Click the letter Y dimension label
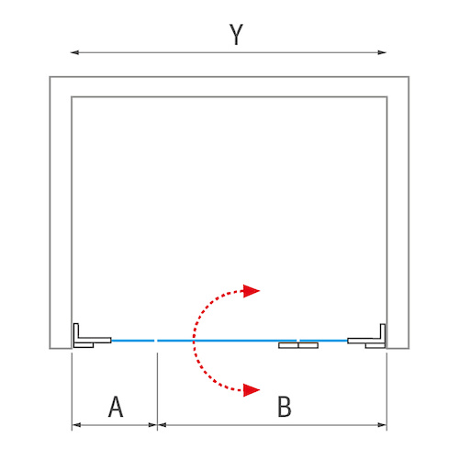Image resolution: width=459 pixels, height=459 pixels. [236, 34]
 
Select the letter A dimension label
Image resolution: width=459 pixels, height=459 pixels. [116, 407]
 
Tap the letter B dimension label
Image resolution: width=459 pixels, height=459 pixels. [285, 407]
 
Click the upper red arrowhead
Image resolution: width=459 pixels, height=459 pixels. [252, 291]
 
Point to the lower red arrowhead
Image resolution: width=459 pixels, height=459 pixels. [252, 390]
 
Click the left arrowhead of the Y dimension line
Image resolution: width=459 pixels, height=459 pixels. [74, 52]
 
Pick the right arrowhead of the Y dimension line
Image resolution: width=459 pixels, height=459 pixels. [382, 52]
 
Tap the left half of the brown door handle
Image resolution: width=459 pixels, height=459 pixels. [288, 345]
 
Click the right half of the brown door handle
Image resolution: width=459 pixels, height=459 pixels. [308, 345]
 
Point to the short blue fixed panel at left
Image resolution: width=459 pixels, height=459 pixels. [132, 341]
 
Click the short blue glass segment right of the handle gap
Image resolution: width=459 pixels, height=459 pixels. [323, 341]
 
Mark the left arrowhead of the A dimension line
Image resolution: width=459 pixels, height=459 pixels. [76, 425]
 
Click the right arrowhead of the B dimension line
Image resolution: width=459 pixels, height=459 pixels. [383, 425]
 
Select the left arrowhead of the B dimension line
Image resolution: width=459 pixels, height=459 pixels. [162, 425]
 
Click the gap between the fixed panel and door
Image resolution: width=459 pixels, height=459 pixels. [156, 341]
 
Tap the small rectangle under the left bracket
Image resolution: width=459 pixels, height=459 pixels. [84, 345]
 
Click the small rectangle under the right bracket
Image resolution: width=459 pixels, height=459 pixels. [375, 345]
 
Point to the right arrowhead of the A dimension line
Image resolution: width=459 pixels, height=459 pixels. [152, 425]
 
